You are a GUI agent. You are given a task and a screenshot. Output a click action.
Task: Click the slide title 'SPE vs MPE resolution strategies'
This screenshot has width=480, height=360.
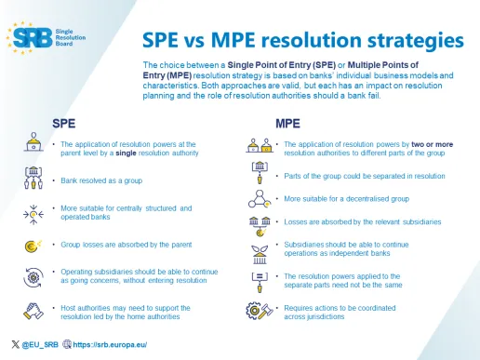pos(302,41)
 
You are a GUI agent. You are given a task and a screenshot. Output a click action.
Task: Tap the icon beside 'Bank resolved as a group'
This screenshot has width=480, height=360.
pos(32,177)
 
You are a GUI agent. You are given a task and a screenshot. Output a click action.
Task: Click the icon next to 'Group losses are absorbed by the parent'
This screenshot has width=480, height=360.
pos(32,246)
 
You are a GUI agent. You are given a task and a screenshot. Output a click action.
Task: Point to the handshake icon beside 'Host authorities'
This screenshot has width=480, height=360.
pos(32,311)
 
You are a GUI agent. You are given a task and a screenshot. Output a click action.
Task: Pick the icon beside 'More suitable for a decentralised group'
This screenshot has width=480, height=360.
pos(260,198)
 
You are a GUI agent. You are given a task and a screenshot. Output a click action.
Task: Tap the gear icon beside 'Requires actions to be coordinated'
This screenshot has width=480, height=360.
pos(260,311)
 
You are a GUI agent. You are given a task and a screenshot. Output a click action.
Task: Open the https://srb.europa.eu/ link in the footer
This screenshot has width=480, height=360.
pos(111,345)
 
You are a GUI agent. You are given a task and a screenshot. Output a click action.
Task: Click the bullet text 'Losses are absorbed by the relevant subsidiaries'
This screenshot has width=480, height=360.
pos(362,222)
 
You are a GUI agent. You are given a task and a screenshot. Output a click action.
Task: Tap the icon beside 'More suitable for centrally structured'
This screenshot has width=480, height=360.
pos(32,212)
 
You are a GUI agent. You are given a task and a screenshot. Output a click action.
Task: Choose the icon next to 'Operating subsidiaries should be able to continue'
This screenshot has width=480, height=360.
pos(32,277)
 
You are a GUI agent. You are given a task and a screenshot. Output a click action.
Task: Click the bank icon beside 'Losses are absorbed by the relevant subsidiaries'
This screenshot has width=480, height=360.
pos(260,222)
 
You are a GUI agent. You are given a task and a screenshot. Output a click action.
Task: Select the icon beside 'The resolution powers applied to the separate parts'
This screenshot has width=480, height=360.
pos(260,281)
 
